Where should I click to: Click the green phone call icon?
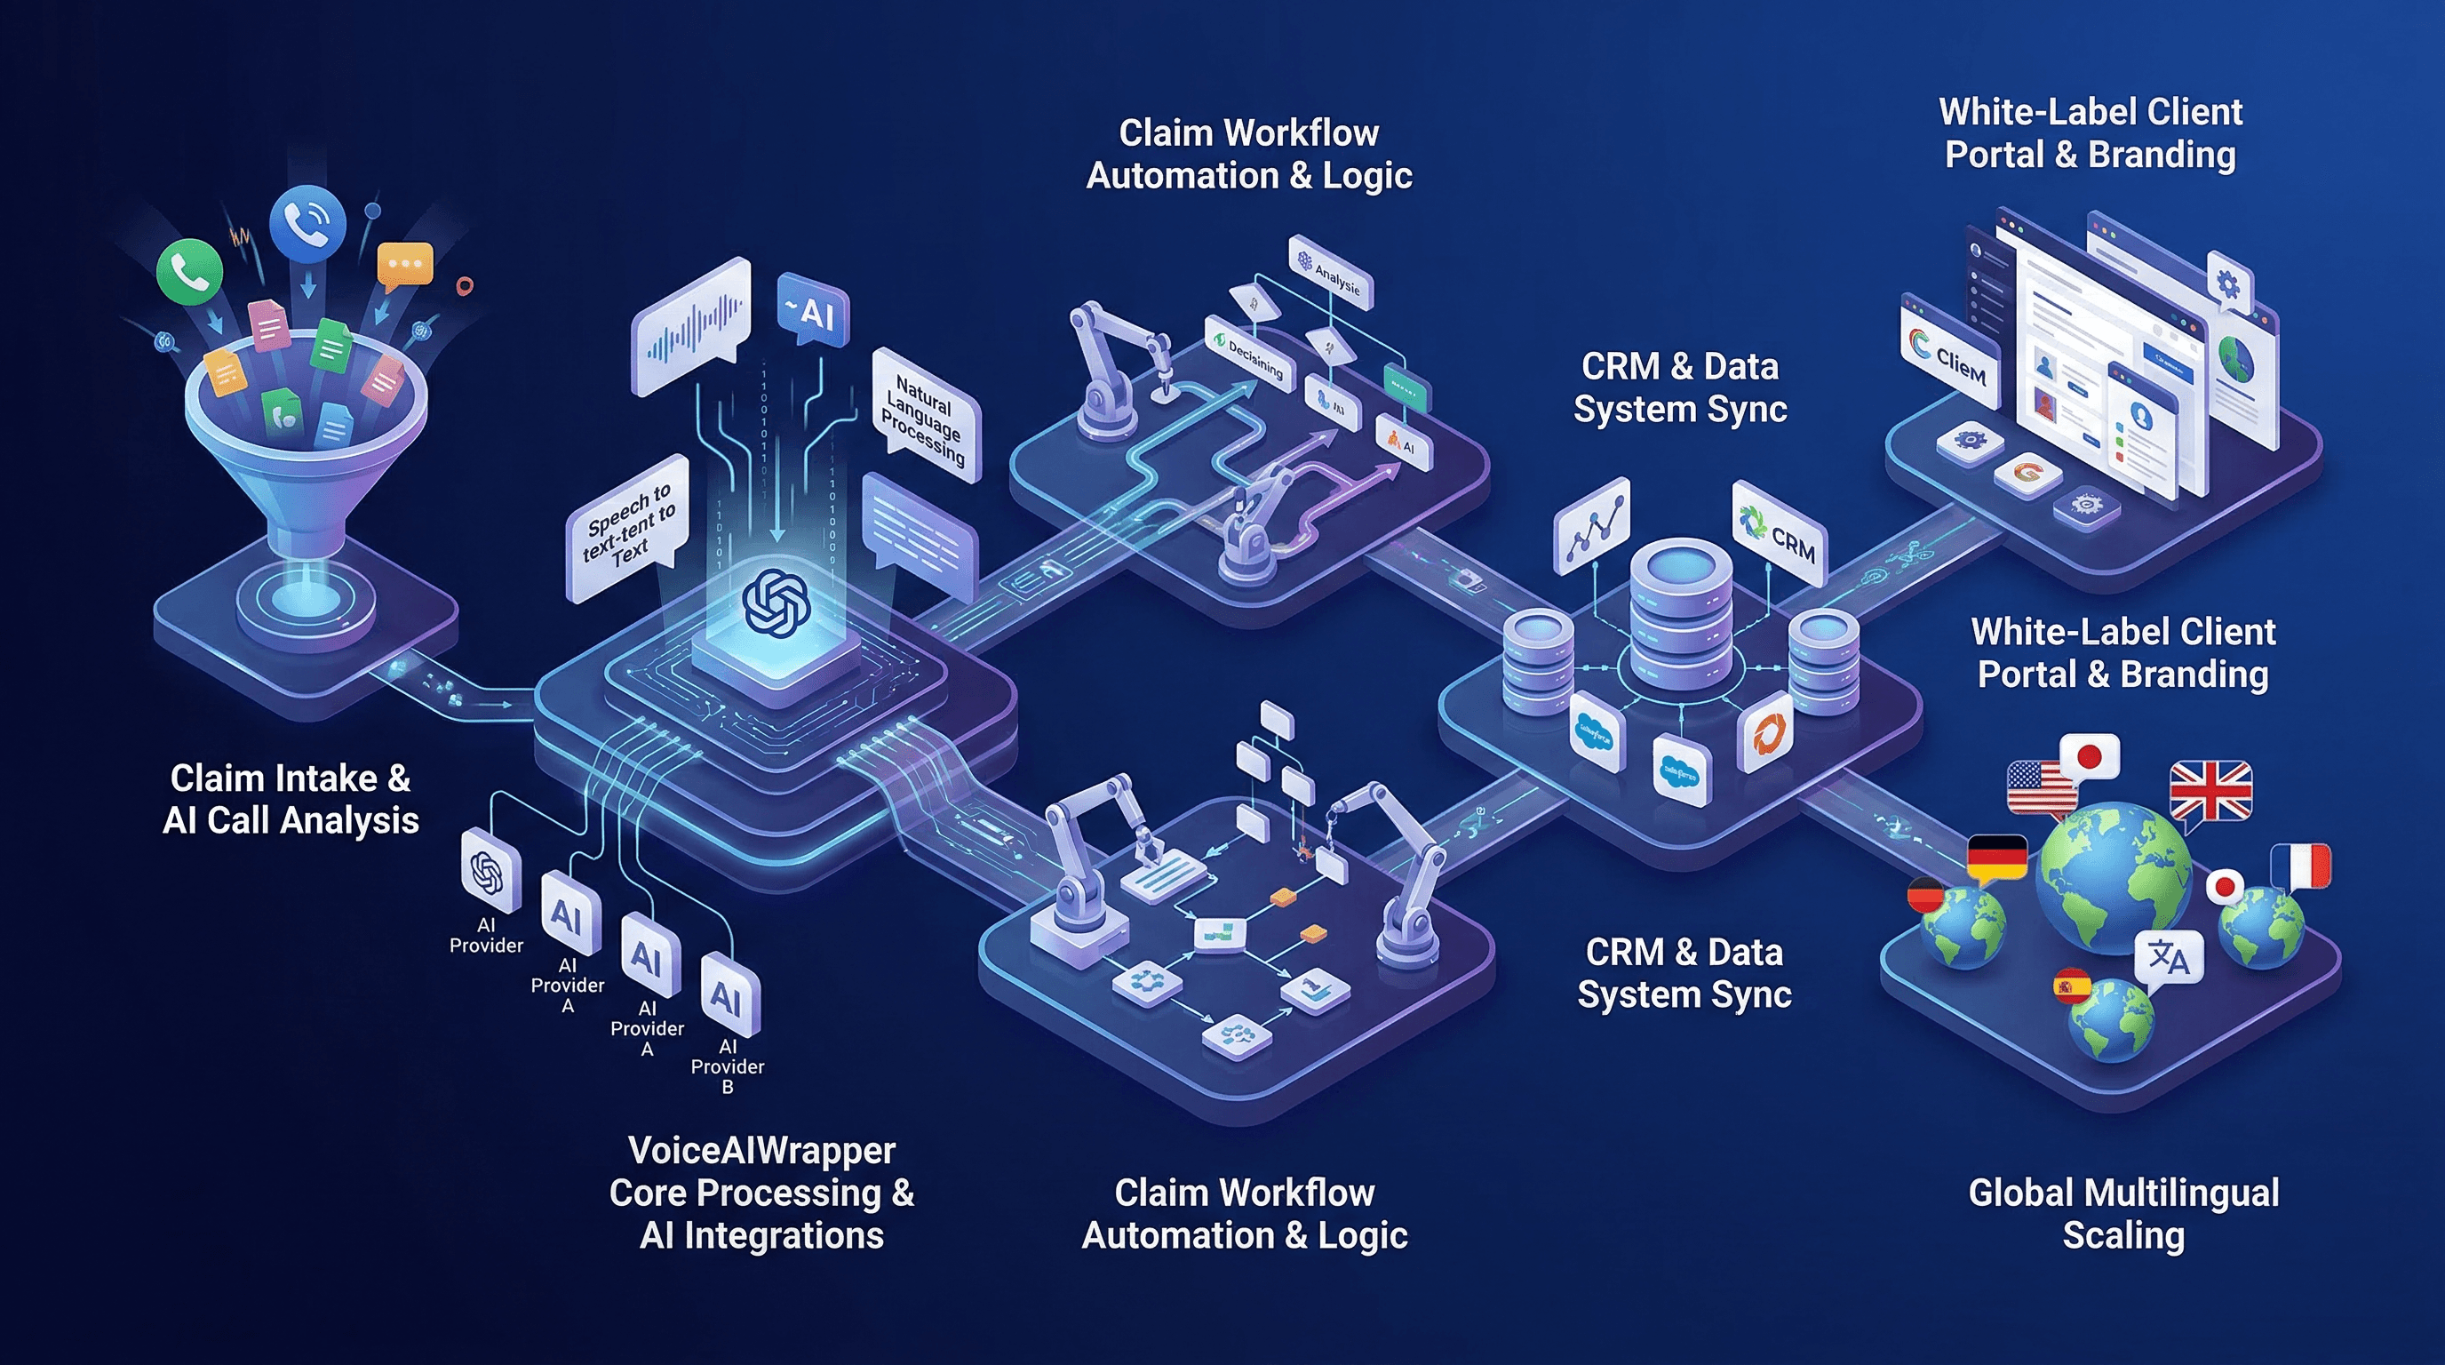(190, 271)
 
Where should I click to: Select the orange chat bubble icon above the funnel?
(404, 264)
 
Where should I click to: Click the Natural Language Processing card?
(925, 415)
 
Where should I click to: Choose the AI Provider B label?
(727, 1067)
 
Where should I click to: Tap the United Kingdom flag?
(2210, 790)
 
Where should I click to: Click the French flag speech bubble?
(2301, 866)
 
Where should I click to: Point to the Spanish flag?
(2071, 986)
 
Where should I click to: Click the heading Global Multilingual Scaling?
(2123, 1213)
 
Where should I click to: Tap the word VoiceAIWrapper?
(761, 1151)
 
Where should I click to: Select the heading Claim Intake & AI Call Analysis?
(291, 798)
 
